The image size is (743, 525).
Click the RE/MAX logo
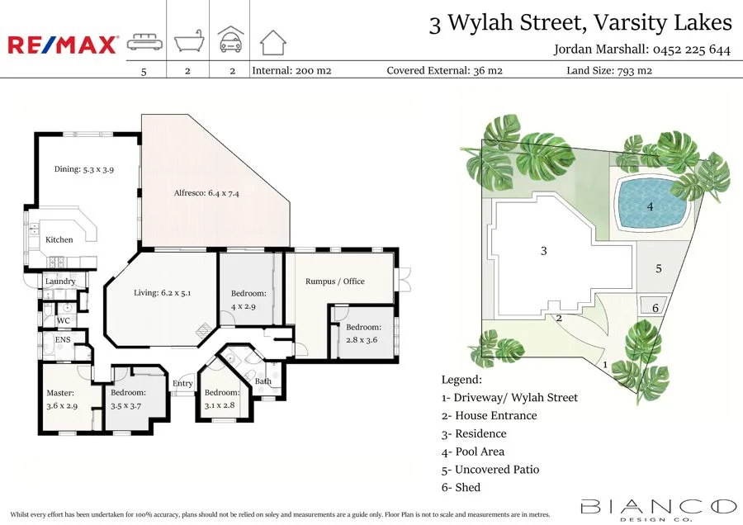tap(63, 45)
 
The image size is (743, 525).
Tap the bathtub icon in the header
tap(188, 41)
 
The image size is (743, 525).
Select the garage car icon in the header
tap(230, 40)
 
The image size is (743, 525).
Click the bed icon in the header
tap(144, 42)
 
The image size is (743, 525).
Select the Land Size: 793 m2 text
tap(608, 71)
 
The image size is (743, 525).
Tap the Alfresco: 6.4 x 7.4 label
tap(206, 193)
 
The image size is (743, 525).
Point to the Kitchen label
tap(59, 239)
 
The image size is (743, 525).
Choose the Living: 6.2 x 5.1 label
tap(163, 292)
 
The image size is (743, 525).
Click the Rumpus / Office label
tap(334, 281)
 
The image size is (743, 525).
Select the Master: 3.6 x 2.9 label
tap(61, 400)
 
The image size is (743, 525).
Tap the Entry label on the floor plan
tap(182, 383)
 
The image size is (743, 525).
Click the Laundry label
tap(60, 281)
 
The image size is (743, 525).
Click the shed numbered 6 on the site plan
tap(655, 307)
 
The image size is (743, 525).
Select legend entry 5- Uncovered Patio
tap(490, 469)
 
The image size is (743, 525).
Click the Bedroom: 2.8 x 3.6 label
tap(363, 333)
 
